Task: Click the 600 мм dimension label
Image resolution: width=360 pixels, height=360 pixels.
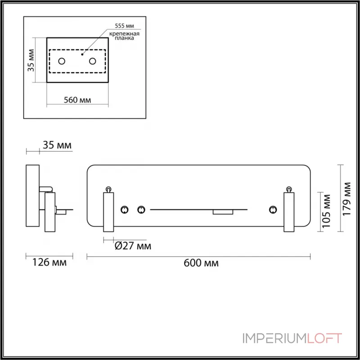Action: pos(201,263)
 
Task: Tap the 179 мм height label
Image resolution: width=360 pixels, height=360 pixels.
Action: pos(347,199)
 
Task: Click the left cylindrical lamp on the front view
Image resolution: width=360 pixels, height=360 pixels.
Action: pos(109,211)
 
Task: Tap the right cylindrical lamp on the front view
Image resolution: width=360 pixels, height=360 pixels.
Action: pos(288,211)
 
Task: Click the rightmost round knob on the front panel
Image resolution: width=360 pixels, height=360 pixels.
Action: pos(272,209)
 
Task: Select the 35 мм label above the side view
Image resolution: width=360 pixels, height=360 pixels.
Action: pos(57,145)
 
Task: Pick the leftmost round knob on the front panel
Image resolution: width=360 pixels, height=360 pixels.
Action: pos(125,209)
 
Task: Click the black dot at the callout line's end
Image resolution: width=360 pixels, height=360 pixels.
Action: pos(81,54)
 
